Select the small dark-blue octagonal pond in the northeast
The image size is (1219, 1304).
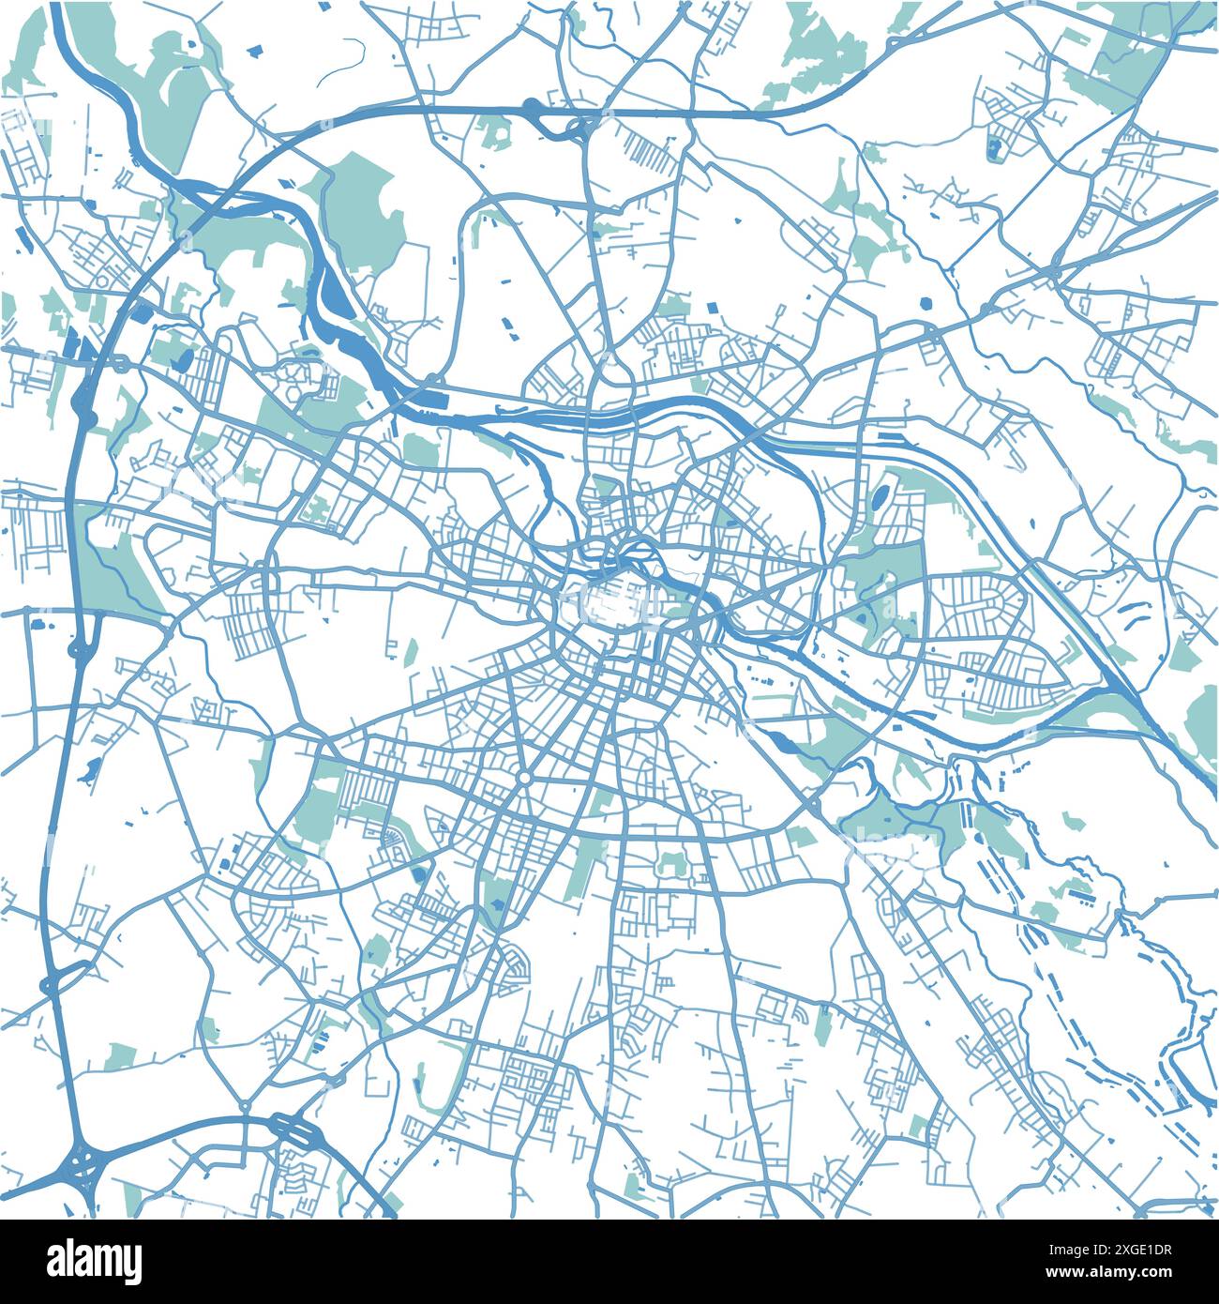coord(926,303)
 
